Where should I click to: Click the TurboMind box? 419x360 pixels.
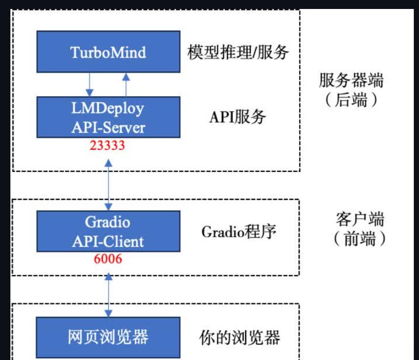point(108,51)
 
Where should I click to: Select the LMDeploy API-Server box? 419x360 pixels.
point(108,117)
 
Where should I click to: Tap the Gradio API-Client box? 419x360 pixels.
point(108,231)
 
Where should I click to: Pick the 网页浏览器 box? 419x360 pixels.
point(108,337)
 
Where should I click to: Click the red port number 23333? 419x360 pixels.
point(108,146)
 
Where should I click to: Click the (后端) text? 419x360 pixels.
point(351,100)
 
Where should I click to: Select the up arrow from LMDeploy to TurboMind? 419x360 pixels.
point(126,85)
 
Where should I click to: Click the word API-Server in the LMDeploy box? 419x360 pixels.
point(108,127)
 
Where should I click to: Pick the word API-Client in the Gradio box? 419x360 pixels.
point(108,241)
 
